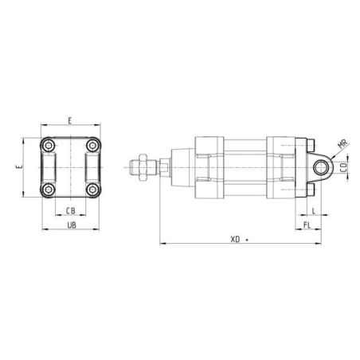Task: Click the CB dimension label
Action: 71,211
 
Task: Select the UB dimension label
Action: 72,225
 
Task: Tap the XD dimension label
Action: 235,240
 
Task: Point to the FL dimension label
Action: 307,225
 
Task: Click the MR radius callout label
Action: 342,143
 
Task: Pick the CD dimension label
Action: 344,167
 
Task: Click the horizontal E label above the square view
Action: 70,121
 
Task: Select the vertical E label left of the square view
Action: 19,167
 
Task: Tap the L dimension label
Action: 314,211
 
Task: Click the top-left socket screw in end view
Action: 49,145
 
